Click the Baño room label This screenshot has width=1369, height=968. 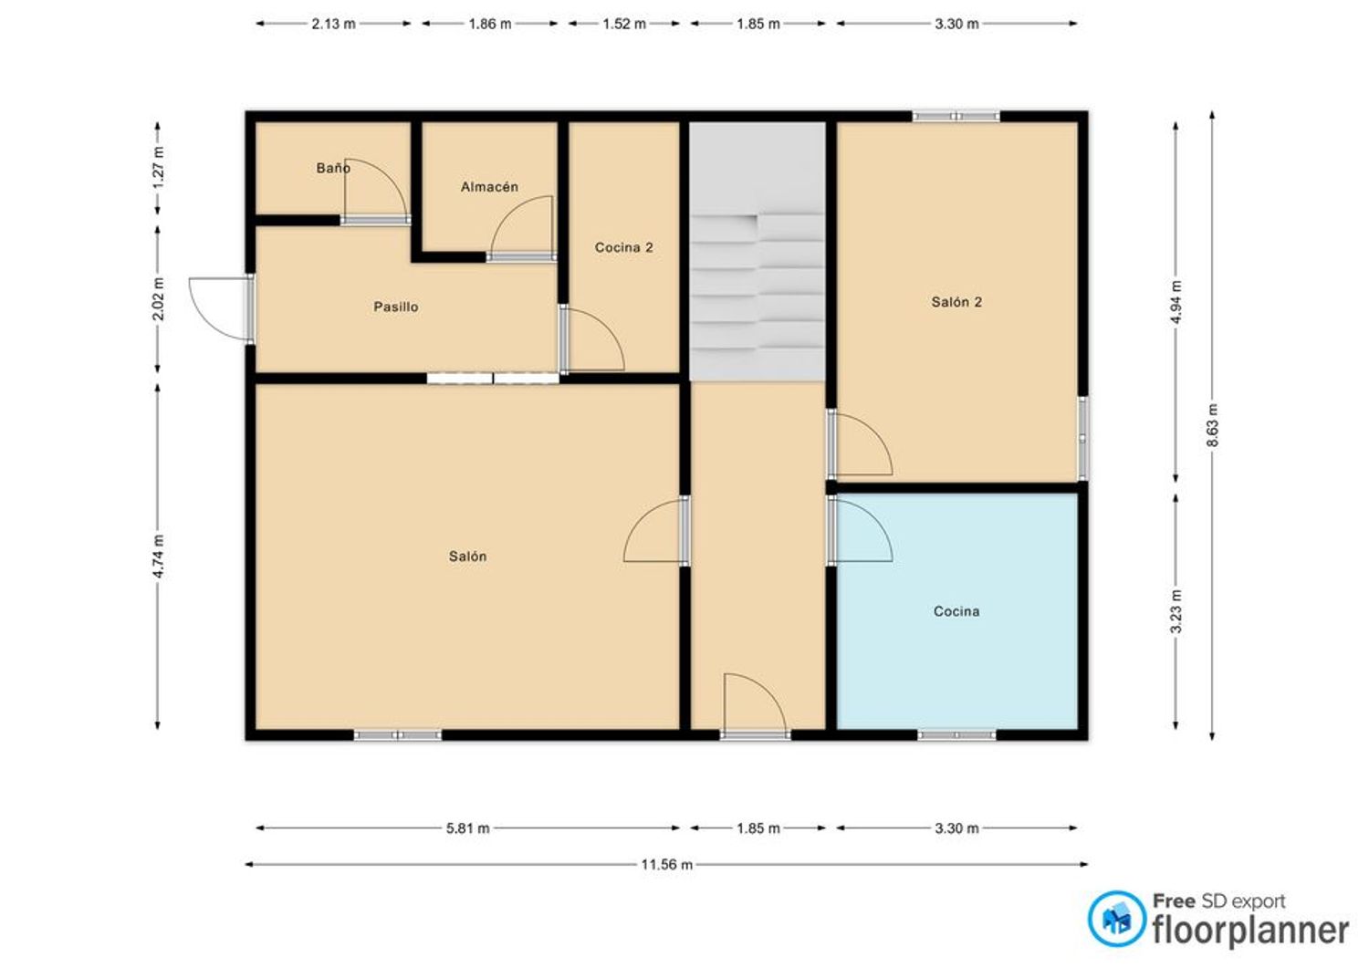click(333, 168)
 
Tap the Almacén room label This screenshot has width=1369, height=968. click(489, 187)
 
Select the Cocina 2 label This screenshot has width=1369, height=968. click(624, 247)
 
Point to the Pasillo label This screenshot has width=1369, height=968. click(396, 307)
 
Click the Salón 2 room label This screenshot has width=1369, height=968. click(956, 302)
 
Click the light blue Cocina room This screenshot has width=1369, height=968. click(956, 611)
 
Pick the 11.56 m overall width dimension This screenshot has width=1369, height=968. click(667, 865)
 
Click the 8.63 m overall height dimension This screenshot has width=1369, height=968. click(1213, 425)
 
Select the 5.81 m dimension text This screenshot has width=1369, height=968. click(467, 828)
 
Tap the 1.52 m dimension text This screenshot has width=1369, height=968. click(624, 24)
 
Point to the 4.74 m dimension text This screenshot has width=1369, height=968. click(158, 557)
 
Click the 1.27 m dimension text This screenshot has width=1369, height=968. click(158, 168)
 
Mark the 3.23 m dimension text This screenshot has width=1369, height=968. click(1176, 611)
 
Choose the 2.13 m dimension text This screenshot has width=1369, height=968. click(333, 24)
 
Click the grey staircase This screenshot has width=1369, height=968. click(758, 251)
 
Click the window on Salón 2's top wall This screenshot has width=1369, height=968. click(956, 116)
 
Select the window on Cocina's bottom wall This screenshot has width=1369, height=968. click(956, 735)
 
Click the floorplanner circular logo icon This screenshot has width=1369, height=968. click(1117, 919)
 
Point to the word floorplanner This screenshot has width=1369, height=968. click(1250, 931)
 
